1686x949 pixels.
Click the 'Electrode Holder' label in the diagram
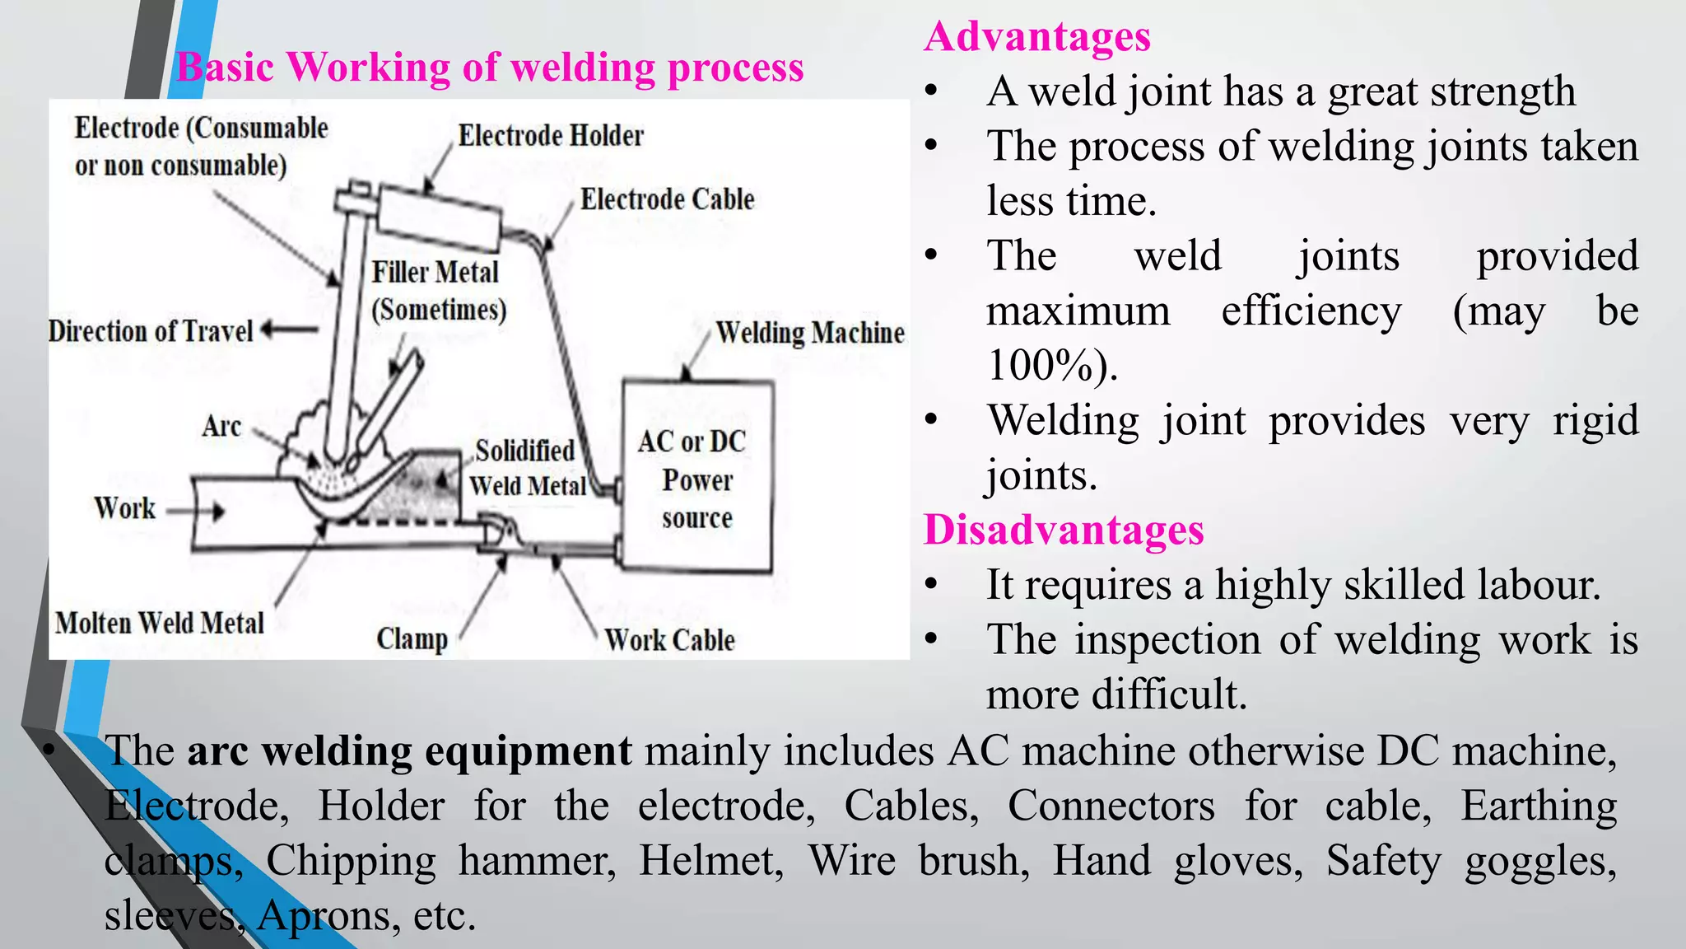(550, 135)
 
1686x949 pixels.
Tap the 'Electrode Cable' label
(667, 199)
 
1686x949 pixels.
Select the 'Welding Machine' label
(809, 333)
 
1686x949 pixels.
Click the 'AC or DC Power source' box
(696, 478)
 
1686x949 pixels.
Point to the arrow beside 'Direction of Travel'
(290, 330)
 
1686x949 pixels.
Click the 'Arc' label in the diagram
(221, 427)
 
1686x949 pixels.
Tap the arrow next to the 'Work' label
(198, 512)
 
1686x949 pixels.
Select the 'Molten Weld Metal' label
(160, 623)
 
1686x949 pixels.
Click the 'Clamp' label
(412, 638)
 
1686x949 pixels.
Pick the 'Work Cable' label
(669, 640)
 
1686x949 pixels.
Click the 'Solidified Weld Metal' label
(527, 468)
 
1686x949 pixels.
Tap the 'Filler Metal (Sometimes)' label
(437, 291)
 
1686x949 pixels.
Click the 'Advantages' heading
(1036, 36)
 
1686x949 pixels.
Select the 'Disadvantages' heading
(1064, 530)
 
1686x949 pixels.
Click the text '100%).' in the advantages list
(1052, 365)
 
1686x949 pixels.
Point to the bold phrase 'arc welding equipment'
(409, 750)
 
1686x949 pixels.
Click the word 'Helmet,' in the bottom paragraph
(710, 860)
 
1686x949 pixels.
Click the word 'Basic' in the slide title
(225, 67)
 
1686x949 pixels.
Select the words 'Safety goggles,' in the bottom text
(1470, 860)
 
